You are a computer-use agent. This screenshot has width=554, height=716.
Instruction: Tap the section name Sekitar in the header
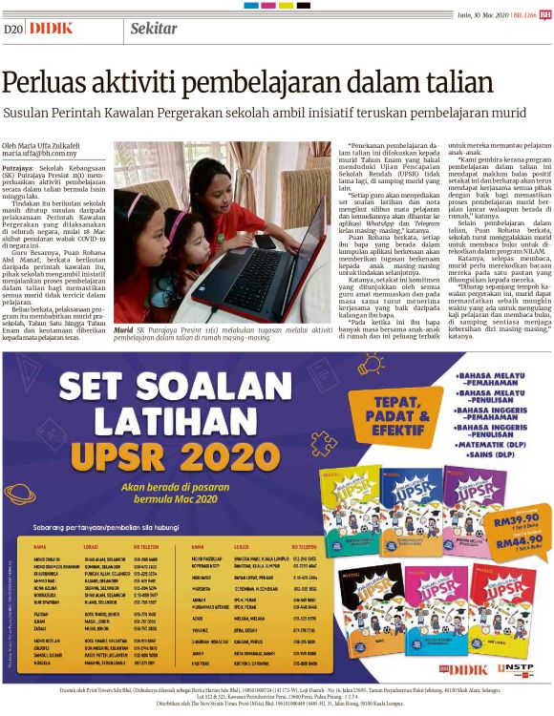(x=152, y=28)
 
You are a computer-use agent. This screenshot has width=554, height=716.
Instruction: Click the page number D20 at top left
(x=13, y=29)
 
